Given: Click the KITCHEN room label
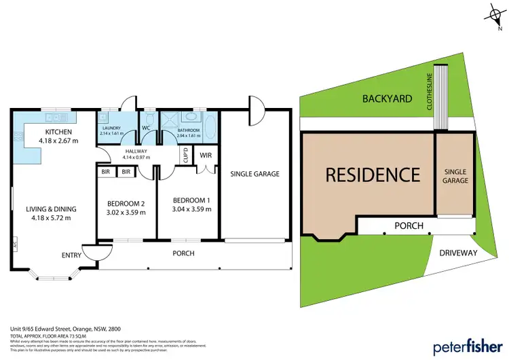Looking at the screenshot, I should [x=58, y=132].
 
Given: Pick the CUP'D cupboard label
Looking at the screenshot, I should [x=185, y=156].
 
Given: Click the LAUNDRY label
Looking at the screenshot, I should [x=111, y=128].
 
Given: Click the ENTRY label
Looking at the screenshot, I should [x=71, y=255].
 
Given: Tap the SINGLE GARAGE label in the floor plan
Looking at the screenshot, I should [x=254, y=174].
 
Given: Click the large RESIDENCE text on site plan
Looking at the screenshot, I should [x=373, y=175].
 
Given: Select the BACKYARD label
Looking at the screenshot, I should [x=387, y=98].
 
